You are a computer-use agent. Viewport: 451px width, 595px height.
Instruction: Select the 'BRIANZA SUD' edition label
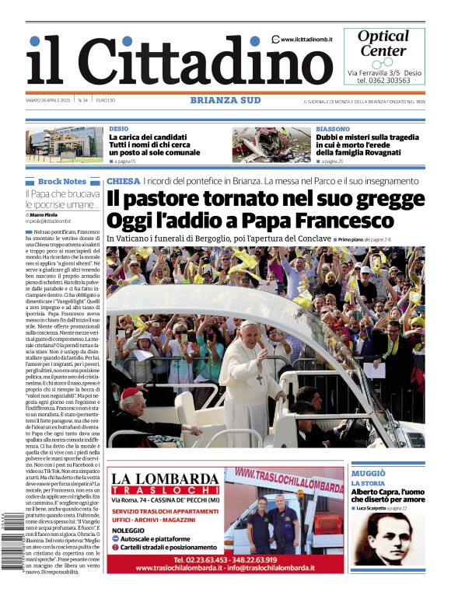[226, 100]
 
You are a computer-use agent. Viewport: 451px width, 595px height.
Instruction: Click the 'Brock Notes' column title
[62, 181]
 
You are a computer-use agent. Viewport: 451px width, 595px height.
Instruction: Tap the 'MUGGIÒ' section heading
[368, 473]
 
